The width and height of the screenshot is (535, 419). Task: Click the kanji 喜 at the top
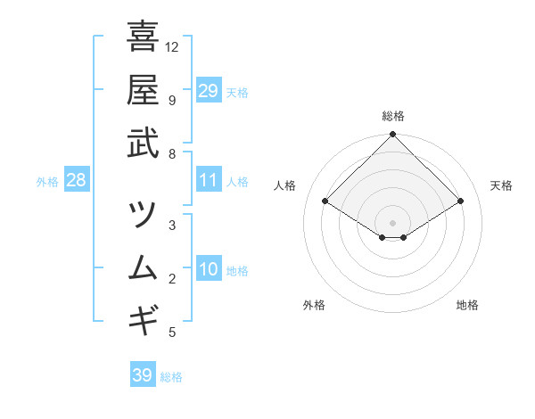click(x=143, y=37)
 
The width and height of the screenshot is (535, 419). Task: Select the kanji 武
click(x=143, y=143)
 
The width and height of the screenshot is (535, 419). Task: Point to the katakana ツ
click(x=143, y=214)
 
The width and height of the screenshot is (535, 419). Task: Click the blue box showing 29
click(x=208, y=91)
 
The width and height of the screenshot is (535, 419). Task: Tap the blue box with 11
click(x=208, y=181)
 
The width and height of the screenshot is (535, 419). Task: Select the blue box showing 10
click(x=208, y=270)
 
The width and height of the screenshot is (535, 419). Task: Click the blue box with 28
click(x=76, y=181)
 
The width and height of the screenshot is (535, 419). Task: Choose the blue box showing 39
click(x=142, y=375)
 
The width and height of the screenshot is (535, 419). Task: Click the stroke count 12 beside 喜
click(x=172, y=46)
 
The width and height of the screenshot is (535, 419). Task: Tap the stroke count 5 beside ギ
click(x=172, y=333)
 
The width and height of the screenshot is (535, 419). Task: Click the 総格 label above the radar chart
click(x=393, y=116)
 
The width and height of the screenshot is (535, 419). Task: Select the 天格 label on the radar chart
click(x=501, y=185)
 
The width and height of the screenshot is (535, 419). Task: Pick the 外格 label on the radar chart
click(x=314, y=305)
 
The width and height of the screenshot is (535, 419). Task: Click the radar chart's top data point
click(x=393, y=136)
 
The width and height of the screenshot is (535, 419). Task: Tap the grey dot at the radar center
click(x=393, y=223)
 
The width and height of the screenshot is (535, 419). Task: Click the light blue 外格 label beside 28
click(x=47, y=182)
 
